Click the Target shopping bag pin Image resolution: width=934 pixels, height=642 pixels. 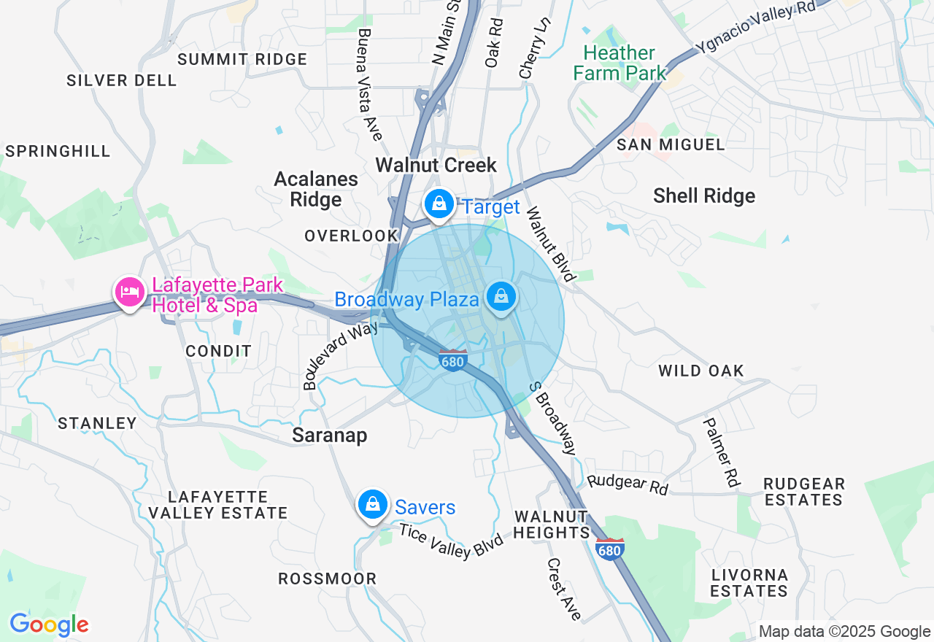coord(439,204)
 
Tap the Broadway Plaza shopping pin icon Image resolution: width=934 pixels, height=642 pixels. coord(501,297)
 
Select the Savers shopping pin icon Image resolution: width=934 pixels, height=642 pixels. coord(373,504)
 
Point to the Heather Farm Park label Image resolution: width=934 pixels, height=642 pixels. coord(620,63)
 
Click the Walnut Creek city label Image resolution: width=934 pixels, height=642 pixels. coord(436,165)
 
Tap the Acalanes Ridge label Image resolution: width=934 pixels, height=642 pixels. coord(316,189)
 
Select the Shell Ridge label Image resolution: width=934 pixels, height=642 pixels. coord(704,196)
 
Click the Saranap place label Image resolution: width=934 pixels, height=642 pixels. coord(329,436)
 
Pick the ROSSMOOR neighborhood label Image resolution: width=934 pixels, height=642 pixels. coord(328,579)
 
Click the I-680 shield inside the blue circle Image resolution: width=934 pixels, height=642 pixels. coord(453,360)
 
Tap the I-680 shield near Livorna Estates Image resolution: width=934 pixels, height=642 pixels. coord(610,549)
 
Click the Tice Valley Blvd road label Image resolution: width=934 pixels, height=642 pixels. coord(451,541)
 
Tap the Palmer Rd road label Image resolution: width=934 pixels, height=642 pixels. coord(722,452)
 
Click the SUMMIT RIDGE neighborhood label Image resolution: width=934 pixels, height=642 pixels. coord(242,59)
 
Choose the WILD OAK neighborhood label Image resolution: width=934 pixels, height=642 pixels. coord(700,371)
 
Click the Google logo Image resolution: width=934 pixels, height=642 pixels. coord(49,624)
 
